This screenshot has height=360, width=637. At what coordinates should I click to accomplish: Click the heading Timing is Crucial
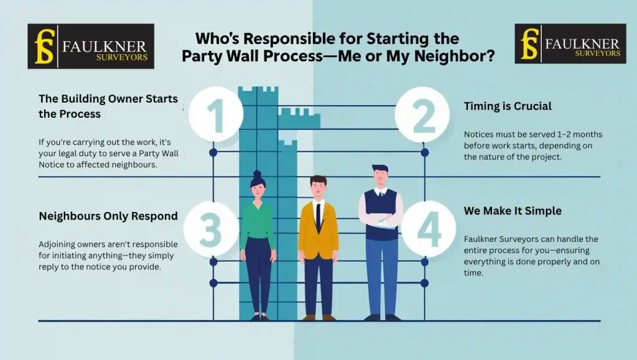[x=508, y=106]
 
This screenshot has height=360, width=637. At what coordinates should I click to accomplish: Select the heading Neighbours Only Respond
[x=108, y=216]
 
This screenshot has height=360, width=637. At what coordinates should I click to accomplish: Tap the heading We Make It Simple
[x=513, y=211]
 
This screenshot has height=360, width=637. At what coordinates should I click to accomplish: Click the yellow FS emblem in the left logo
[x=44, y=46]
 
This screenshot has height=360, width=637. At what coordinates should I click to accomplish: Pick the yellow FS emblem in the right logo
[x=529, y=44]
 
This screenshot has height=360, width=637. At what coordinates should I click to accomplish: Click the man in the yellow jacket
[x=318, y=246]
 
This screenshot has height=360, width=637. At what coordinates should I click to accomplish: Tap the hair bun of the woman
[x=258, y=173]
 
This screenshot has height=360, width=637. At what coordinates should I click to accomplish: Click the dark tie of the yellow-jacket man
[x=318, y=218]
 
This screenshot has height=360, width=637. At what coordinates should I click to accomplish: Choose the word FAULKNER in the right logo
[x=582, y=44]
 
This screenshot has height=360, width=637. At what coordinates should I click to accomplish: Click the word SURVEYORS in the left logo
[x=123, y=57]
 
